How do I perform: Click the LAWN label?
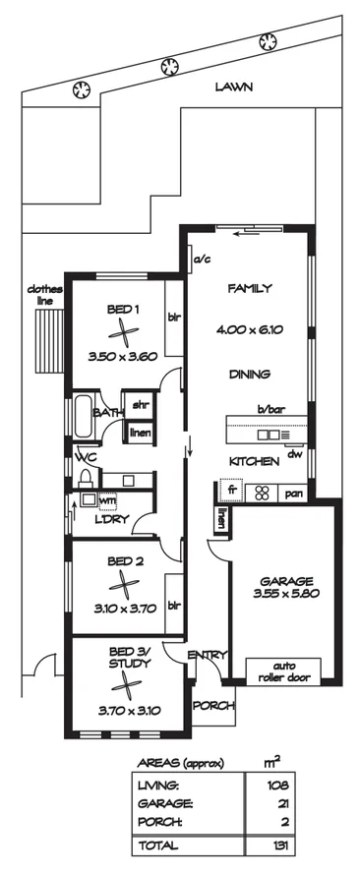coord(234,87)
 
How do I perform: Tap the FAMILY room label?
coord(249,289)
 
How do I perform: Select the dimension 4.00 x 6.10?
coord(249,330)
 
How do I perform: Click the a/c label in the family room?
coord(204,260)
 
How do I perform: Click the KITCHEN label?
coord(250,461)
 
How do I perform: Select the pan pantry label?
coord(293,494)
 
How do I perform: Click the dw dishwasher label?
coord(294,454)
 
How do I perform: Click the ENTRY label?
coord(208,655)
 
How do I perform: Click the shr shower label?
coord(141,405)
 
